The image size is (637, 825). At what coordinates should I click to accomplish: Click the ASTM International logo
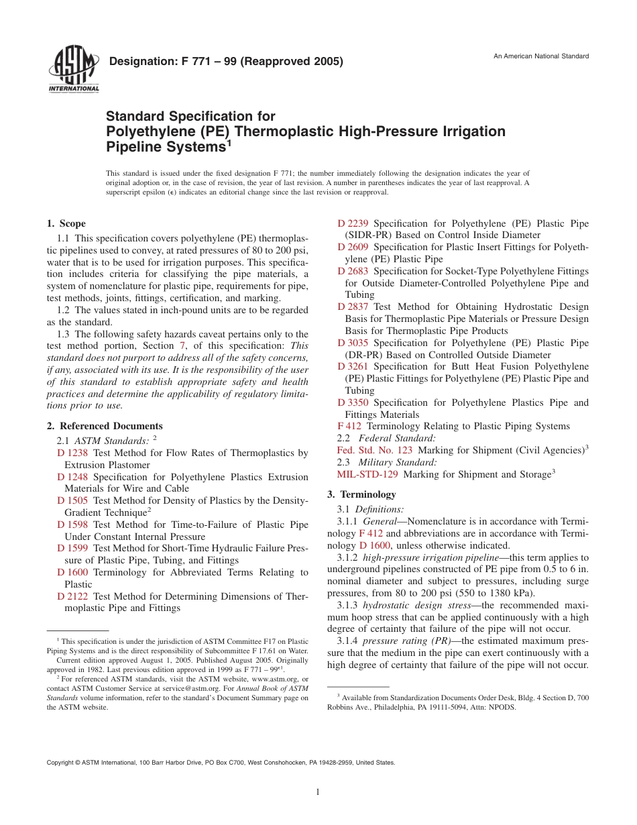(73, 69)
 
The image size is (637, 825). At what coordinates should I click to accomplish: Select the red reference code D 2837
(353, 307)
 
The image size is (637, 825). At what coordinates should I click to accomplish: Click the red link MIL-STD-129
(367, 474)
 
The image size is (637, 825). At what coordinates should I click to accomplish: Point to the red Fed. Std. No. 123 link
(374, 449)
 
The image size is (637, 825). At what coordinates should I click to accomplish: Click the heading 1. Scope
(66, 223)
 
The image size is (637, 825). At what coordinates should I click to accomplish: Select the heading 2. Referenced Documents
(105, 426)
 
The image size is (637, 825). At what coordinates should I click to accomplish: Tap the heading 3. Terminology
(361, 494)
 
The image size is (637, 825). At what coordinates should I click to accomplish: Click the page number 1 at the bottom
(318, 792)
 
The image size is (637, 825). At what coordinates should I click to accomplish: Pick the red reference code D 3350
(353, 402)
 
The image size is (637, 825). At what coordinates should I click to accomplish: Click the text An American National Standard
(541, 56)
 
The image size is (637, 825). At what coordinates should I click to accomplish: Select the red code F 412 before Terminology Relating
(349, 426)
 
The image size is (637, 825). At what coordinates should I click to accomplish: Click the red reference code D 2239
(353, 223)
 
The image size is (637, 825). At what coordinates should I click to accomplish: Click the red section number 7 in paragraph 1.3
(181, 345)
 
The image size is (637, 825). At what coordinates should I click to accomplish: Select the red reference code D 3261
(353, 366)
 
